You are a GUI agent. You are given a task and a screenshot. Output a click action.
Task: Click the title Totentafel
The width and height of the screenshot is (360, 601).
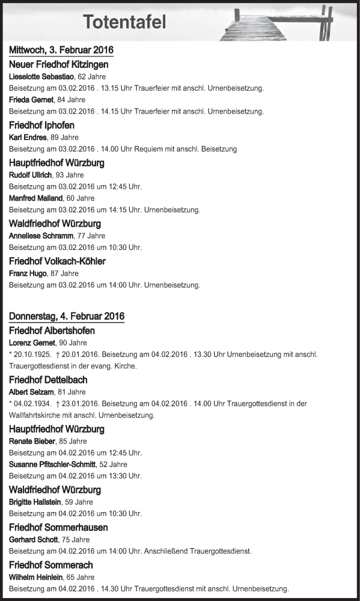click(x=124, y=22)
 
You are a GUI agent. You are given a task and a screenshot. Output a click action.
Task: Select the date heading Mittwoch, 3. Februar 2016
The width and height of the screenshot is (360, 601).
click(x=61, y=50)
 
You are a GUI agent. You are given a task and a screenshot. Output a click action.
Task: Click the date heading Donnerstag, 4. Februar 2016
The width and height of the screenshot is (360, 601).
click(x=67, y=316)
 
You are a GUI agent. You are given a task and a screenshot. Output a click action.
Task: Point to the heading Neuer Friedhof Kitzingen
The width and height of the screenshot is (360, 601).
click(x=59, y=64)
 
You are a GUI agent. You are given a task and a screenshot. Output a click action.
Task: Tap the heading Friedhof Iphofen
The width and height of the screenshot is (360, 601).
click(x=42, y=125)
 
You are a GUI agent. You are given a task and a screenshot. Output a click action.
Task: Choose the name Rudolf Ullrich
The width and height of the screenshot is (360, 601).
click(x=31, y=175)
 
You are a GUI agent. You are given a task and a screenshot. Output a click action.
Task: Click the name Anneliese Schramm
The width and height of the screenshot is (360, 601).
click(x=41, y=236)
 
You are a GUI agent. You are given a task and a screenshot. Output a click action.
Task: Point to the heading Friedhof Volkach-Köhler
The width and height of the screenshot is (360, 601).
click(x=58, y=261)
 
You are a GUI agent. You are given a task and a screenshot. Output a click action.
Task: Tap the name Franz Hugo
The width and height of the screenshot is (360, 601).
click(x=28, y=273)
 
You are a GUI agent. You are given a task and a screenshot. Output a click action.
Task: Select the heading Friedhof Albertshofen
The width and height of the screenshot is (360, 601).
click(x=52, y=331)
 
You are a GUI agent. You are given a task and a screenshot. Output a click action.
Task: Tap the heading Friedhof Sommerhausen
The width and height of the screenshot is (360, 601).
click(x=58, y=527)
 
